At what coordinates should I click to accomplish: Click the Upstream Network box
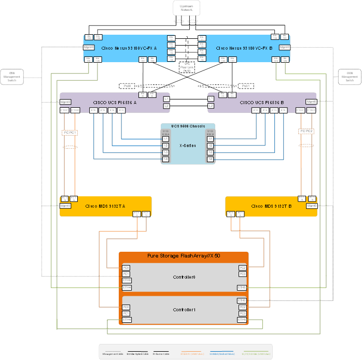(x=186, y=8)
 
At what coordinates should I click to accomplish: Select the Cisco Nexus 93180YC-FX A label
(x=129, y=48)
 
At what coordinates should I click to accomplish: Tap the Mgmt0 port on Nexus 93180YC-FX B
(x=285, y=47)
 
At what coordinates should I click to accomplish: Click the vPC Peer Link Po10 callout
(x=186, y=67)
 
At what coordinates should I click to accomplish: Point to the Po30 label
(x=127, y=85)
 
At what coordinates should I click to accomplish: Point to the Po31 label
(x=246, y=85)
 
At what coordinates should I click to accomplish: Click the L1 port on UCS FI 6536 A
(x=166, y=98)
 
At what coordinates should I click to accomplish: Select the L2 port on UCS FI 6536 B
(x=211, y=106)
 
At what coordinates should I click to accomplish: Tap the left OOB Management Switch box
(x=12, y=77)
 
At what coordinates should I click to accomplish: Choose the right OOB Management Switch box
(x=350, y=77)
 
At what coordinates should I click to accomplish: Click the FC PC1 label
(x=69, y=133)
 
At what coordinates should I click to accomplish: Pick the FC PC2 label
(x=306, y=131)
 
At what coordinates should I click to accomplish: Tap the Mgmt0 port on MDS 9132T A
(x=65, y=206)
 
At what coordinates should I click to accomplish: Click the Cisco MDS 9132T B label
(x=270, y=206)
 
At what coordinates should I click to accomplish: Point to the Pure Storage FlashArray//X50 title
(x=184, y=256)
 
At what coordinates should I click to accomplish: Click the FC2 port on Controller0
(x=242, y=268)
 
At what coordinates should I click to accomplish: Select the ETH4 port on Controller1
(x=126, y=320)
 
